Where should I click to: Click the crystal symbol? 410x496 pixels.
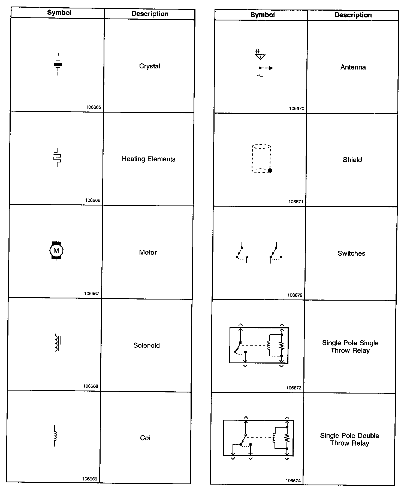pos(58,64)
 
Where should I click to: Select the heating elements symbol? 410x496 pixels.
pos(57,158)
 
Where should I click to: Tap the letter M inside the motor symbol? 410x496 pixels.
pos(56,250)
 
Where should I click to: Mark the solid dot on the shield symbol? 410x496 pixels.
pos(270,171)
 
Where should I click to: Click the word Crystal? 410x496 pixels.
pos(150,66)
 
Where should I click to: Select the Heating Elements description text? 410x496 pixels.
pos(149,159)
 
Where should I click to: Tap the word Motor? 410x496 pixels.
pos(148,252)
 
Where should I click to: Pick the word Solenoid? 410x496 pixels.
pos(146,345)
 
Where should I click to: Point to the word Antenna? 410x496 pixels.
pos(353,67)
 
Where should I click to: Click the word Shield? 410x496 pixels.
pos(352,160)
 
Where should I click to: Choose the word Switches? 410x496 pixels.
pos(351,253)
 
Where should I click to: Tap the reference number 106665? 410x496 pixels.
pos(94,107)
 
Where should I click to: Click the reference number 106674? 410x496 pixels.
pos(293,481)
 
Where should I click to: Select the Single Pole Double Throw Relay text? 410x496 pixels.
pos(350,439)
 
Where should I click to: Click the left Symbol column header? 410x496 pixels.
pos(59,13)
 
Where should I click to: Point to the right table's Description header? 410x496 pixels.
pos(353,15)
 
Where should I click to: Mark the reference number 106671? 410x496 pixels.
pos(296,202)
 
